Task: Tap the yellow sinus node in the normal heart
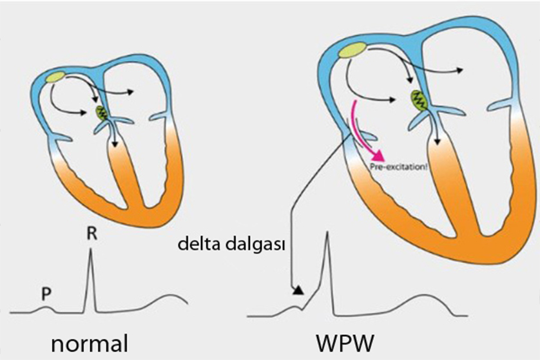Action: (55, 76)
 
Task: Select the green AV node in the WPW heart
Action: (419, 99)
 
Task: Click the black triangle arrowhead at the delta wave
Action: (297, 290)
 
